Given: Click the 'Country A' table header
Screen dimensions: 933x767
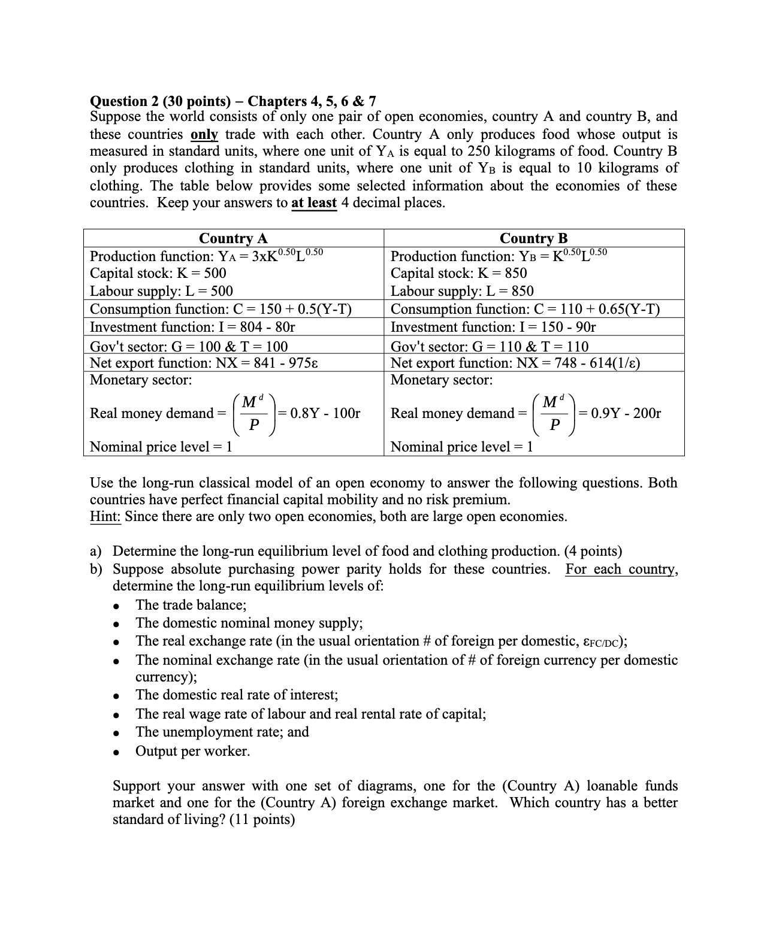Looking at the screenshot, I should [233, 238].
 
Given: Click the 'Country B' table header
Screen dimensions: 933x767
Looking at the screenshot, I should [533, 238].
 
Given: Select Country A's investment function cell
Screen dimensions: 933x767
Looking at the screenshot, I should [192, 327].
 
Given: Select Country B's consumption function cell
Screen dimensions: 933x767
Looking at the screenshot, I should [525, 309].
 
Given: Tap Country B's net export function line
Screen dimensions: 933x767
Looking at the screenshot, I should [515, 363].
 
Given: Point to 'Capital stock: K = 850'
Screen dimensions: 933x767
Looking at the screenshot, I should [458, 274].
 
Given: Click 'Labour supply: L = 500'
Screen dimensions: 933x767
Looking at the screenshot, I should [161, 291].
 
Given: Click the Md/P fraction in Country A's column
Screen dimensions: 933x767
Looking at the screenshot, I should [254, 414].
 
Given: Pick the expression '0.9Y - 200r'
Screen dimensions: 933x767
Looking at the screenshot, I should [626, 413].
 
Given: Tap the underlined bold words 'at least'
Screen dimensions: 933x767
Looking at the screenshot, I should [313, 203].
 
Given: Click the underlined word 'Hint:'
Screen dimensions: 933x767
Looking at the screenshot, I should [105, 517].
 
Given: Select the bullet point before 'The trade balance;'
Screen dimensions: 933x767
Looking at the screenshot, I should [122, 605].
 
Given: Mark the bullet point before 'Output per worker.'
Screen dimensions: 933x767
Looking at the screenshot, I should [122, 752].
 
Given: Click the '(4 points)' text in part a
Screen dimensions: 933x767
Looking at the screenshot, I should [593, 551].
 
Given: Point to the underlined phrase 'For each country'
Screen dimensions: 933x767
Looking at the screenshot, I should [621, 569].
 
